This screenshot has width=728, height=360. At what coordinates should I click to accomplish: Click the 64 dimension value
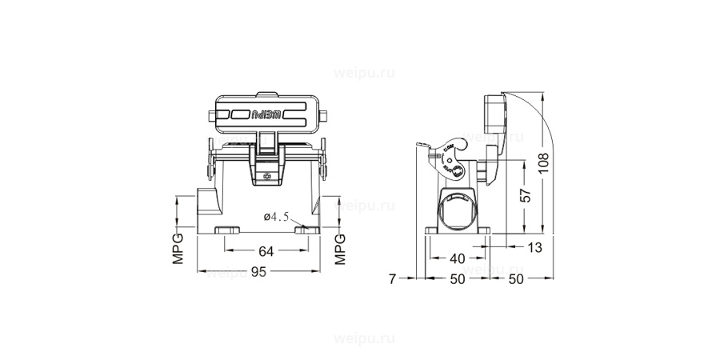(266, 251)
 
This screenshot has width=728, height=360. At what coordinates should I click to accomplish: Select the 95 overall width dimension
(258, 272)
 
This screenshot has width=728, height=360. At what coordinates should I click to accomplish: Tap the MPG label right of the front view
(339, 249)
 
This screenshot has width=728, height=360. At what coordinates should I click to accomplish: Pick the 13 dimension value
(534, 247)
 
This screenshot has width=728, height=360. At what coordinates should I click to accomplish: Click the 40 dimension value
(456, 258)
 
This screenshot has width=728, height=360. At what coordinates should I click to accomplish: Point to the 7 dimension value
(391, 278)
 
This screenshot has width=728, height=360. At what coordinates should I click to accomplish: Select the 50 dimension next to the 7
(456, 278)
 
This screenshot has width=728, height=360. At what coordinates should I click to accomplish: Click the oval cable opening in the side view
(457, 211)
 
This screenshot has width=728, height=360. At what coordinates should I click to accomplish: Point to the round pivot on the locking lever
(454, 170)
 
